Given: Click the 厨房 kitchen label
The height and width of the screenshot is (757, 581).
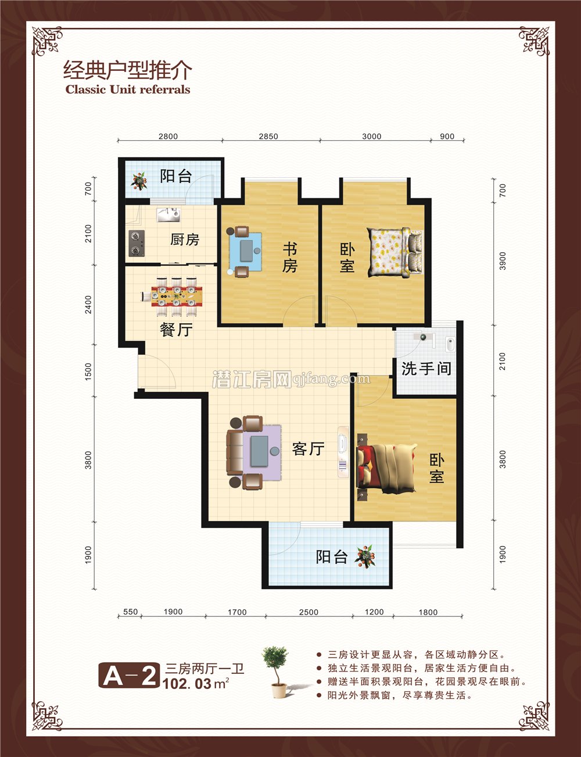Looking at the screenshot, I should tap(185, 240).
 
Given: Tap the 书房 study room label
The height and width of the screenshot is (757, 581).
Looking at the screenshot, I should tap(290, 258).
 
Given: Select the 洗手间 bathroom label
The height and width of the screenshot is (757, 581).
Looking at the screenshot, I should tap(426, 368).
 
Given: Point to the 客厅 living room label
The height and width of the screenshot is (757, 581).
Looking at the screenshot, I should tap(308, 449).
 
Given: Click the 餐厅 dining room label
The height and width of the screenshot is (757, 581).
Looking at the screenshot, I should tap(176, 330).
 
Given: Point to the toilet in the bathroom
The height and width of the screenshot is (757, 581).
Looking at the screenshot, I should tap(450, 344).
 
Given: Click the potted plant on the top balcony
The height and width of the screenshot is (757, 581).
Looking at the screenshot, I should tap(139, 181).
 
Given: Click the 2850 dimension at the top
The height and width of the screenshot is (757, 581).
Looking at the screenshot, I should tap(268, 137).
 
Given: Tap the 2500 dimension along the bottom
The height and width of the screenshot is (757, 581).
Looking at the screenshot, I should tap(309, 612).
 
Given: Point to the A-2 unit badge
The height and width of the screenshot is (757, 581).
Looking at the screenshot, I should tap(129, 676).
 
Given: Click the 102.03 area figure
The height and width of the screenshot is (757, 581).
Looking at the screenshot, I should tap(187, 684).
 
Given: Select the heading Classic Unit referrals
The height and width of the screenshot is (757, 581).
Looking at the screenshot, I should tap(128, 90).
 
